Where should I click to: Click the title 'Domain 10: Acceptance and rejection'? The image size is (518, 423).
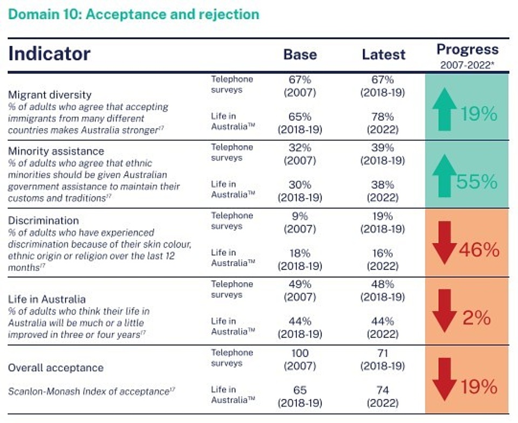pos(134,14)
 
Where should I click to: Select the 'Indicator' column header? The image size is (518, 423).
pos(49,54)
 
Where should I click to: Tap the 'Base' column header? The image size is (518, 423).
pos(300,54)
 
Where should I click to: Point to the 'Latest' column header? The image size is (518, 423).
pos(383,54)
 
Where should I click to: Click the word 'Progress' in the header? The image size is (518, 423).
pos(467,50)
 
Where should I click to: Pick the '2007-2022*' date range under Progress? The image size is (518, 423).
pos(467,65)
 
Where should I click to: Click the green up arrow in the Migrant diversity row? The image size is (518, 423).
pos(444,111)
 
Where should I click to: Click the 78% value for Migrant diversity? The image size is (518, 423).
pos(383,117)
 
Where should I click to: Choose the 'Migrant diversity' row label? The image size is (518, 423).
pos(50,95)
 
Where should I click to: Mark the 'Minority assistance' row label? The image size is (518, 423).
pos(56,151)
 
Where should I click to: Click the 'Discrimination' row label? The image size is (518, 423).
pos(43,220)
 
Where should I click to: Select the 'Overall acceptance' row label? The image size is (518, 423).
pos(56,367)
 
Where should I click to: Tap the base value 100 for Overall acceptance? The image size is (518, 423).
pos(300,353)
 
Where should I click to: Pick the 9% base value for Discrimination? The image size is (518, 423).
pos(300,216)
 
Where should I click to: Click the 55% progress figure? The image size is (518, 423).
pos(477,182)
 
